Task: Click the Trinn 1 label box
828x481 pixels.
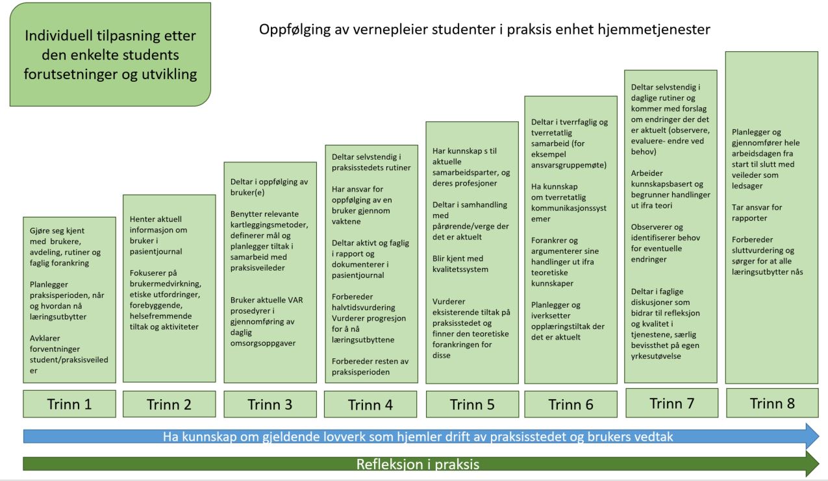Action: point(69,404)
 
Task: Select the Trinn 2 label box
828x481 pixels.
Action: point(169,404)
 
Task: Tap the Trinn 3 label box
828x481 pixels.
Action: point(270,404)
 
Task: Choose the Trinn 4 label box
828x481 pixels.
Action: point(371,404)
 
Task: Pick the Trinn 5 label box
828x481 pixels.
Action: point(472,404)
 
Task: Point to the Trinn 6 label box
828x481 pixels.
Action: point(571,404)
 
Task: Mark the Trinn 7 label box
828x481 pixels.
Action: point(672,403)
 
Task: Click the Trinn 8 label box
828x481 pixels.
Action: point(772,403)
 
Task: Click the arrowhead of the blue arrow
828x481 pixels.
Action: point(812,436)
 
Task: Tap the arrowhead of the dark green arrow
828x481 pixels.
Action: point(812,463)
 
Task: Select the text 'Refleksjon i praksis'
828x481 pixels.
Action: point(418,464)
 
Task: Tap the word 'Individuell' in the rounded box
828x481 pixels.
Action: point(58,36)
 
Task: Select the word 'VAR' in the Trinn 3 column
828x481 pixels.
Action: point(295,300)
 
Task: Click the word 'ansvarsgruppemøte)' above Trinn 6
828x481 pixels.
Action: point(569,165)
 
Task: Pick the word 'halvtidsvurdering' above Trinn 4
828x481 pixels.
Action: point(364,308)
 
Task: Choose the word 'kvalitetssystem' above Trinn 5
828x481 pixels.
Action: point(460,269)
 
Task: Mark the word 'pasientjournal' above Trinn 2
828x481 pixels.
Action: point(156,252)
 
